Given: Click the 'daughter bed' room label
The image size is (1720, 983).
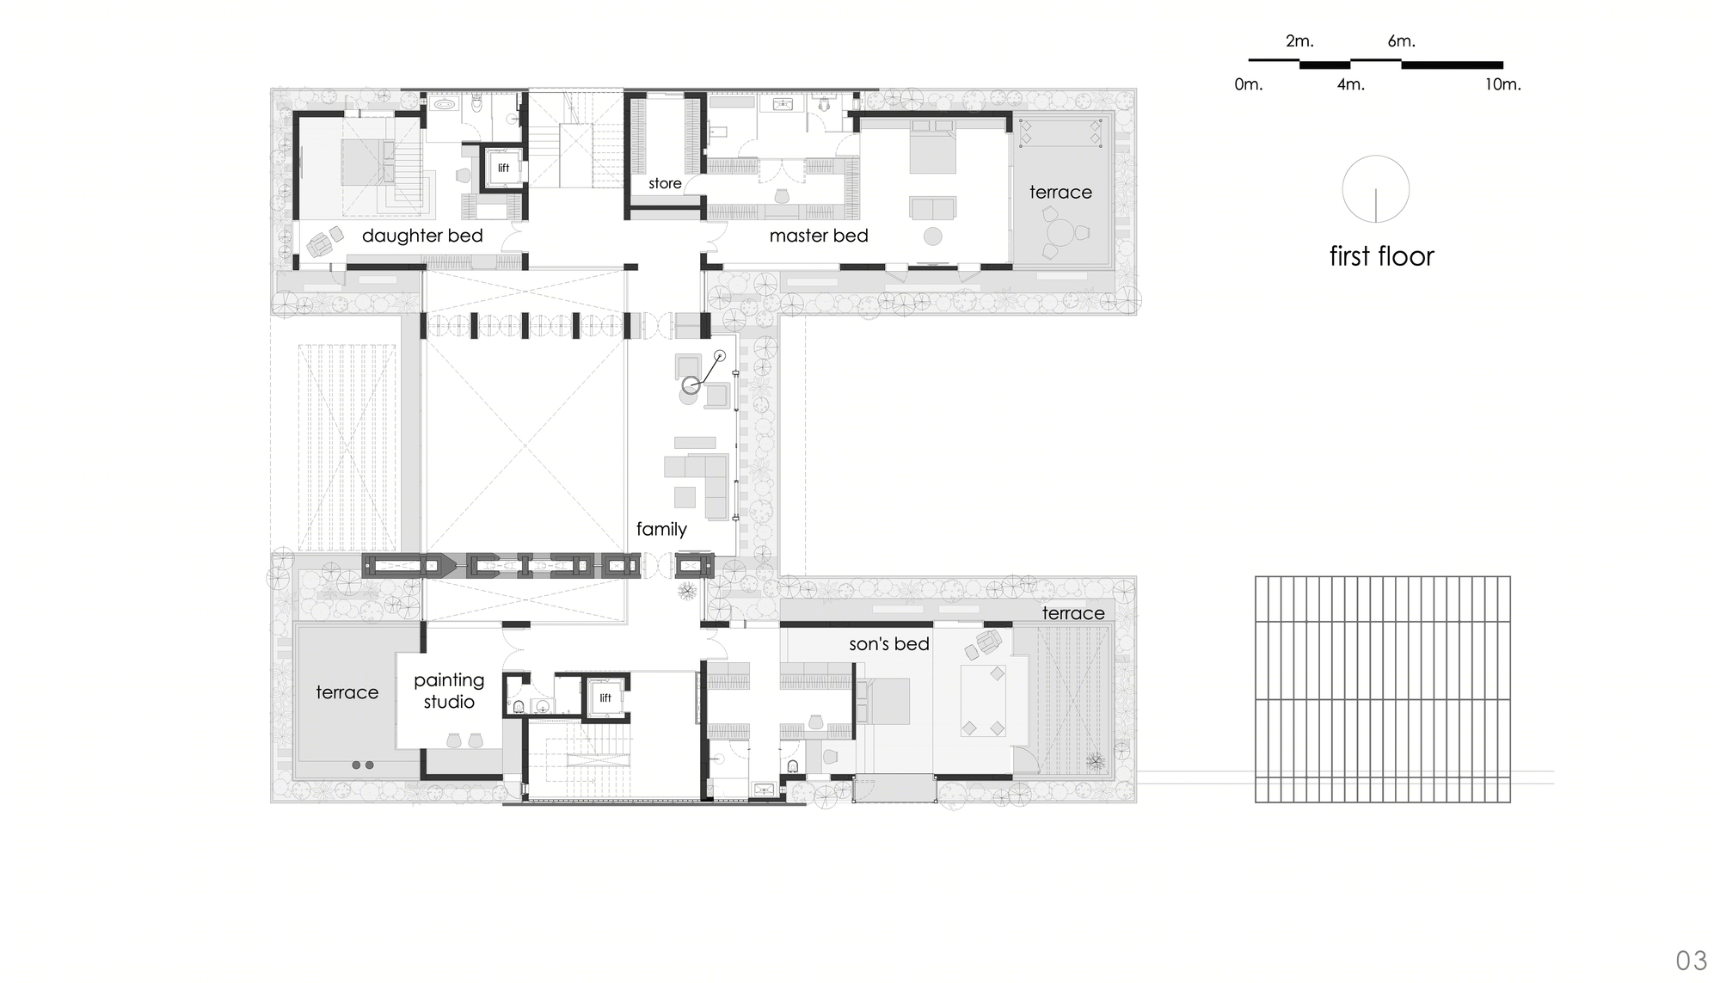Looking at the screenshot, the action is [422, 236].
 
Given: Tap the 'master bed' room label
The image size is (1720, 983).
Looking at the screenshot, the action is [819, 236].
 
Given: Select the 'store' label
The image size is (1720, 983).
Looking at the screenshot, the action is [665, 183].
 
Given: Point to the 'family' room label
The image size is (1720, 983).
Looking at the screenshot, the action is [661, 529].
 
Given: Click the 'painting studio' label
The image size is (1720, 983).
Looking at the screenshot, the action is [449, 691].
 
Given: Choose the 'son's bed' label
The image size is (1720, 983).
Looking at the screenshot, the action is [889, 643].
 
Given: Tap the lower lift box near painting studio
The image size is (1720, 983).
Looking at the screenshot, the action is [605, 697].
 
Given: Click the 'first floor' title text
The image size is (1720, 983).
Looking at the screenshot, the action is [1381, 256].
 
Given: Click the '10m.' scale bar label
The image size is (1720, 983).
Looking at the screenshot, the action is [1502, 84].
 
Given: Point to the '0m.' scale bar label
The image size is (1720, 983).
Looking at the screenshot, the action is [1249, 84].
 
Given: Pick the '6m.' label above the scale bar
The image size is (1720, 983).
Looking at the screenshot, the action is [1401, 41].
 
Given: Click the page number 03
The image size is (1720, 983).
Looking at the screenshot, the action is [1692, 960].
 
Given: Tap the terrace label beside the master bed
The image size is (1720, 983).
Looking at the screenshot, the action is [1060, 192].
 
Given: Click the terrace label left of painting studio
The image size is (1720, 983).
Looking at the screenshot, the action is [347, 692].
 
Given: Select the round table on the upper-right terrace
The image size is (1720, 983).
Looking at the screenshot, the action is [1061, 233].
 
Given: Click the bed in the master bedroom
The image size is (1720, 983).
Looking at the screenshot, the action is [932, 148].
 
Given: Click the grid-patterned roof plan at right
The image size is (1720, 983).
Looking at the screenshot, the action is [1382, 689].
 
